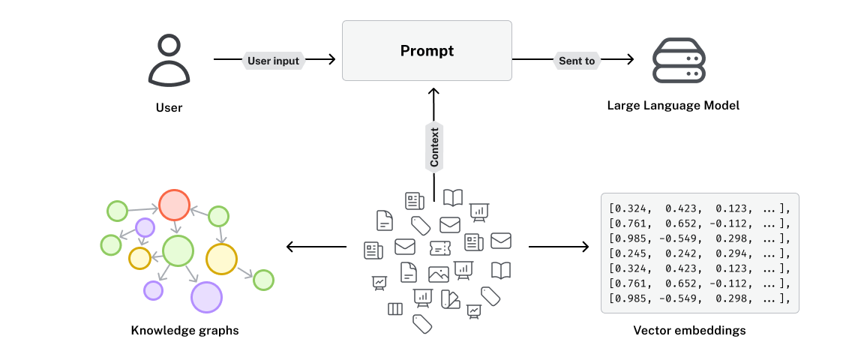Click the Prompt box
point(427,51)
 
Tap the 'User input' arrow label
point(274,61)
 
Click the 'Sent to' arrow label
point(577,61)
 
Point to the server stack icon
point(678,58)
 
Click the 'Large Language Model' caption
point(673,106)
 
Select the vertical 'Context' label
point(434,146)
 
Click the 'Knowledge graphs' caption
point(184,330)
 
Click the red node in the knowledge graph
point(173,205)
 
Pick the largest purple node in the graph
point(207,297)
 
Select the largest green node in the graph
point(178,250)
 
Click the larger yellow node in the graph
point(221,259)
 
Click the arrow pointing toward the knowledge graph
point(315,247)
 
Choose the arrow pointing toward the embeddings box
point(559,247)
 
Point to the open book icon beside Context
point(453,197)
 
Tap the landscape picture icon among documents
point(438,274)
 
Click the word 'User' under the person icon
point(169,108)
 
